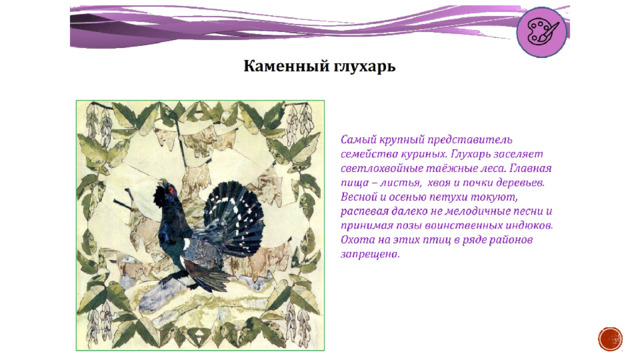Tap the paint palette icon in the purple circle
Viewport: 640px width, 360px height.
tap(542, 32)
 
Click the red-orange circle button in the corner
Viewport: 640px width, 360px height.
tap(610, 339)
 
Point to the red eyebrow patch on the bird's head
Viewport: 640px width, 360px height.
tap(171, 190)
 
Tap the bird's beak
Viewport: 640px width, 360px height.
tap(162, 182)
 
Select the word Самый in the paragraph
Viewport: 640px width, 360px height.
tap(357, 140)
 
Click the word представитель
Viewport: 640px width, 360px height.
tap(469, 140)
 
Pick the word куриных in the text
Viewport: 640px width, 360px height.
tap(417, 154)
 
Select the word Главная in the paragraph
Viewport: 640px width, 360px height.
tap(531, 169)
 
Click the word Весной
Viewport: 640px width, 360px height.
tap(359, 197)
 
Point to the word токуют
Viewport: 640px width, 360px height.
tap(494, 197)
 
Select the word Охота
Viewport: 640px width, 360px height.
tap(356, 240)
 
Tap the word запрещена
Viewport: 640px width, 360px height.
tap(370, 254)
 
